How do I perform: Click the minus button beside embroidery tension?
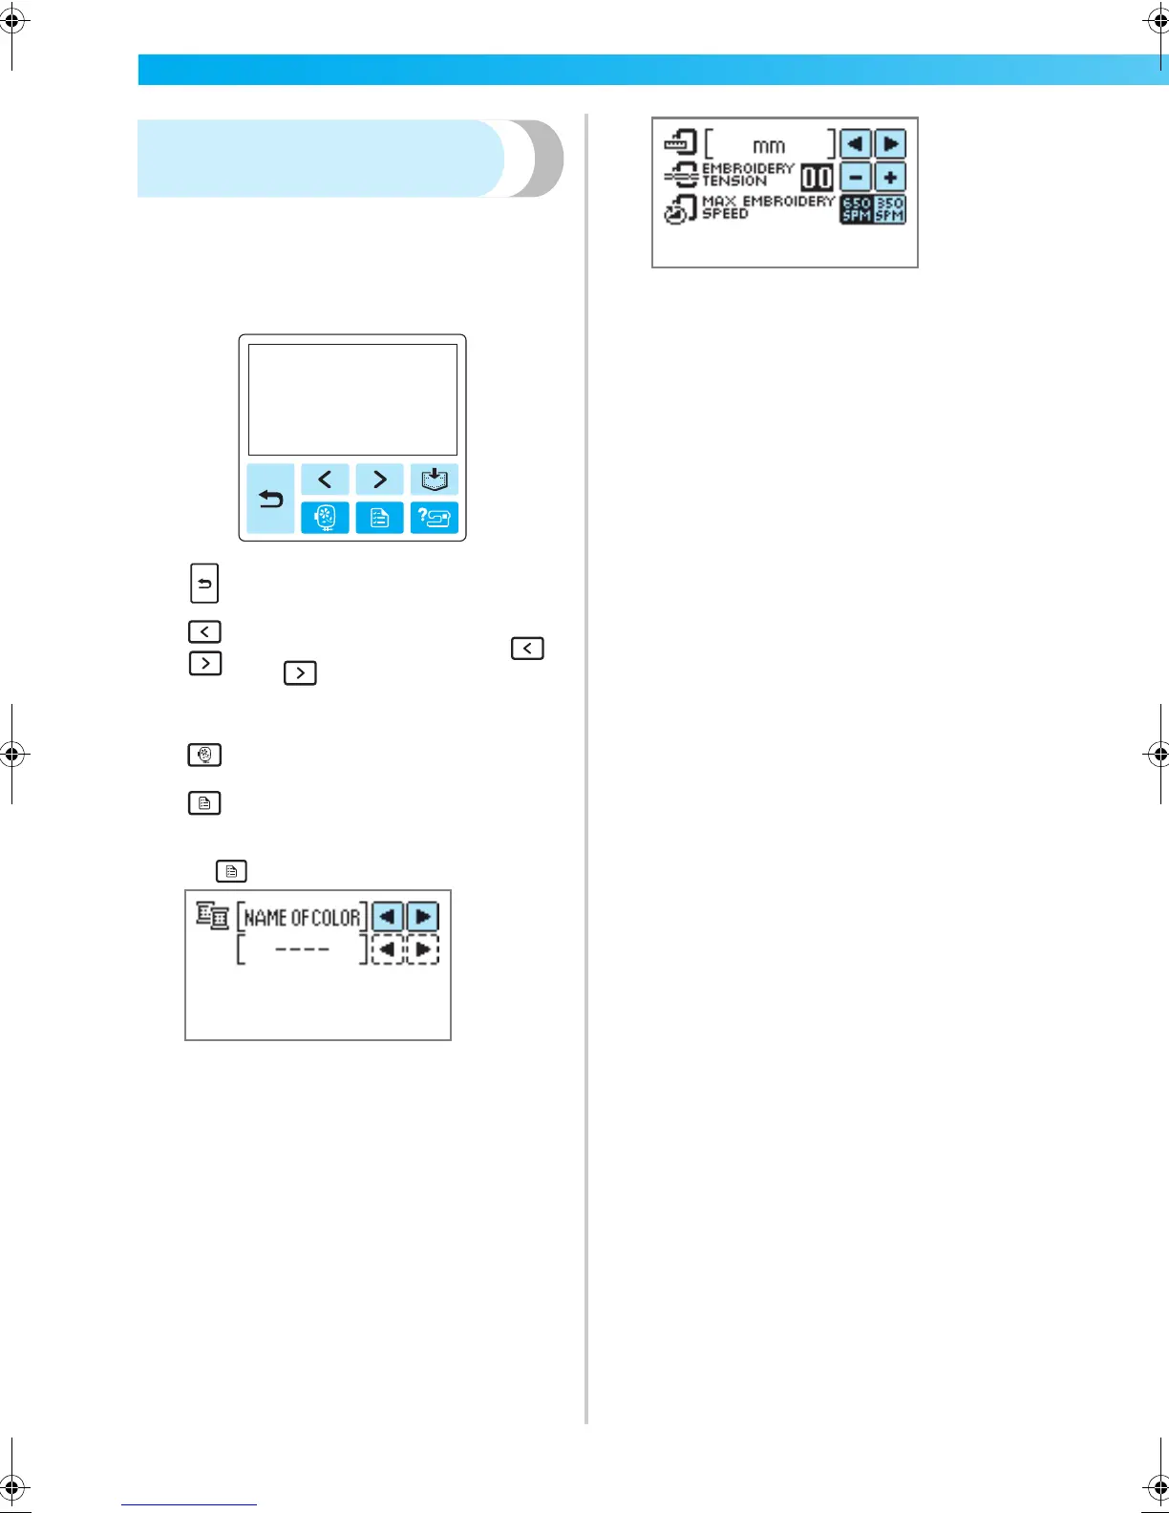tap(856, 178)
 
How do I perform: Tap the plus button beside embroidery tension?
tap(890, 178)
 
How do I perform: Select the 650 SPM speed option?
tap(856, 209)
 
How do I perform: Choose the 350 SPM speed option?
tap(890, 209)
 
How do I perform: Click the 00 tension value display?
tap(817, 178)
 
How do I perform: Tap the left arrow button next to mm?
tap(856, 144)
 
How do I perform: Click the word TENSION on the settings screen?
tap(733, 181)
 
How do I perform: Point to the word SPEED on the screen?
tap(725, 214)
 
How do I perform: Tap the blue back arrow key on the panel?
tap(270, 499)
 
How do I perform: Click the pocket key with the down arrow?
tap(435, 479)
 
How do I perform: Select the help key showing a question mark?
tap(435, 518)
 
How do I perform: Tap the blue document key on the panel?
tap(379, 518)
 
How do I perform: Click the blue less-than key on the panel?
tap(325, 479)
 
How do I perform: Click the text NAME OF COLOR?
tap(302, 918)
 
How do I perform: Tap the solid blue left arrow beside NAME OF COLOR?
tap(387, 917)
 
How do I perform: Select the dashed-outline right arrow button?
tap(422, 949)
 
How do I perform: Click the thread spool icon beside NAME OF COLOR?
tap(212, 915)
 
